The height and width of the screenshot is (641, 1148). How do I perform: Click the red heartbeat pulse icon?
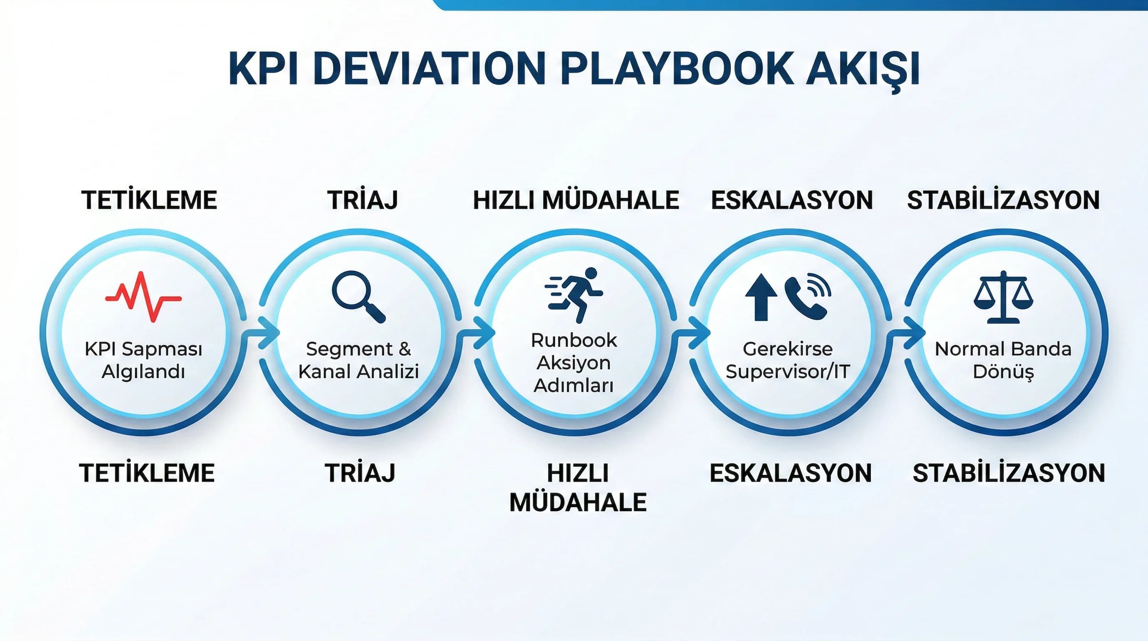click(143, 296)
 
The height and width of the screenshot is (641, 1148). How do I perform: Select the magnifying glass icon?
click(358, 296)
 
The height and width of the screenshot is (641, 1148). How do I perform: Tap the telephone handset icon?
click(807, 297)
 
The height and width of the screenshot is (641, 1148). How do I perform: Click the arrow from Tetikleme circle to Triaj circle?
click(263, 332)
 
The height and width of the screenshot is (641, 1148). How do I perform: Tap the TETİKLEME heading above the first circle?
click(149, 200)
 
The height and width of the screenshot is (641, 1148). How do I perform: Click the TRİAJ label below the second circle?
click(360, 473)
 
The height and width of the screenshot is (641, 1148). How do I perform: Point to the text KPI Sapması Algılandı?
click(143, 360)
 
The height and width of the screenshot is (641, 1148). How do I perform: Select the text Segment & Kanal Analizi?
click(359, 360)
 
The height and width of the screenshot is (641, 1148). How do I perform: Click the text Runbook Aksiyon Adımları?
click(574, 363)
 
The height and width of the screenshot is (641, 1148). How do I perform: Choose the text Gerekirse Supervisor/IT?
click(788, 360)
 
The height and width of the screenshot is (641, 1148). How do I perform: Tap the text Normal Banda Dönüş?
click(1003, 360)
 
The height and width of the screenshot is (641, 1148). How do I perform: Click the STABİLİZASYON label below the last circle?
click(1009, 473)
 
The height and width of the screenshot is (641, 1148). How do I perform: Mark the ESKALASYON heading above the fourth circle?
click(791, 200)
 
